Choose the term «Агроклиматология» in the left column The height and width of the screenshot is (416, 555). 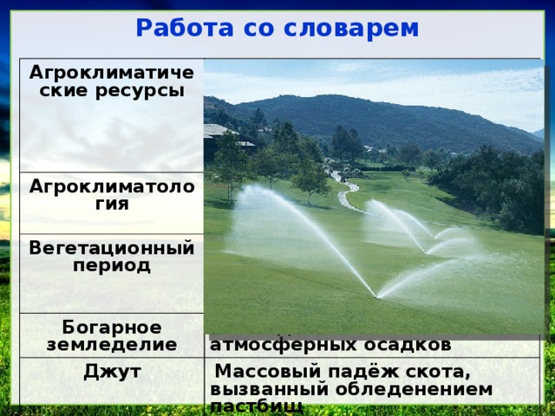110,195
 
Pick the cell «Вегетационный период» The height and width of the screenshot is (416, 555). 110,257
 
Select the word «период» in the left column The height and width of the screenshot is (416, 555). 111,264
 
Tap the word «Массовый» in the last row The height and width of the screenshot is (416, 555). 256,374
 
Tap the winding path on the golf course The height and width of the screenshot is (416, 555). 347,195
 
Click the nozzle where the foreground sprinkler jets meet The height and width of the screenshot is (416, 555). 375,296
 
